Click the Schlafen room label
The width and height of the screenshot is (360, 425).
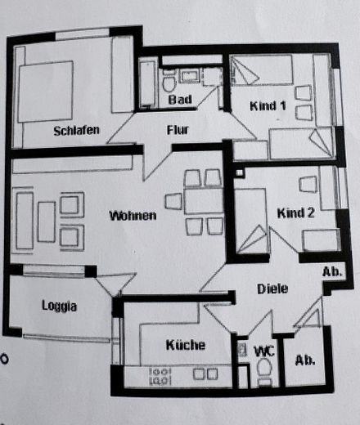tap(76, 131)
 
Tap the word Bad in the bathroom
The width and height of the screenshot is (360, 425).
tap(180, 100)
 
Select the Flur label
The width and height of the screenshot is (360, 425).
tap(178, 130)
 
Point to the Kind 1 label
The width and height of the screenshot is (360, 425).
tap(268, 105)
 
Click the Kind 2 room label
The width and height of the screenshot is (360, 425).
tap(295, 212)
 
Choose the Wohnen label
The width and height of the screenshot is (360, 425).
tap(133, 216)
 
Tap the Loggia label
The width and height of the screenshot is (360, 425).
tap(59, 306)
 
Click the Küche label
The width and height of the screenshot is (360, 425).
tap(186, 345)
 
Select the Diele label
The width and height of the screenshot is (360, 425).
tap(272, 289)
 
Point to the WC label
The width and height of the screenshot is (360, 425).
tap(264, 351)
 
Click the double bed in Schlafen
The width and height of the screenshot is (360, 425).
tap(45, 92)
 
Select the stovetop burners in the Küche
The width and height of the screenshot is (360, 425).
tap(160, 376)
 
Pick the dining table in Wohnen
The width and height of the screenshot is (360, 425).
tap(204, 201)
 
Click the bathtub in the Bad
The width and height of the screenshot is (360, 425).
tap(147, 83)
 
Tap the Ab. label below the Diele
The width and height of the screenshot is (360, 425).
tap(305, 360)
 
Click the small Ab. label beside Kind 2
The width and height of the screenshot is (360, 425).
tap(332, 271)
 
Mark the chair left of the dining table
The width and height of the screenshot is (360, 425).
tap(173, 201)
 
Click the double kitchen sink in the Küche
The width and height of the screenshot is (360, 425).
tap(205, 374)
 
